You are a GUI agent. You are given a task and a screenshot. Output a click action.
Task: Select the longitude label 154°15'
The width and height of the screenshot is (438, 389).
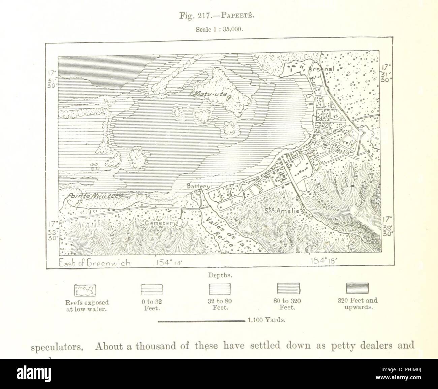coord(324,261)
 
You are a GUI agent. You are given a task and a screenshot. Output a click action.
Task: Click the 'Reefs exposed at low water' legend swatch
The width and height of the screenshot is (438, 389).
coord(85,289)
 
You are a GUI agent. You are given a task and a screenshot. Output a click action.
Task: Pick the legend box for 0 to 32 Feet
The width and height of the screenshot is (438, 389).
coord(151,289)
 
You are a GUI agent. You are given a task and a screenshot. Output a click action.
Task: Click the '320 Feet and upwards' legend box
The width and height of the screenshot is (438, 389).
coord(357,289)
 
